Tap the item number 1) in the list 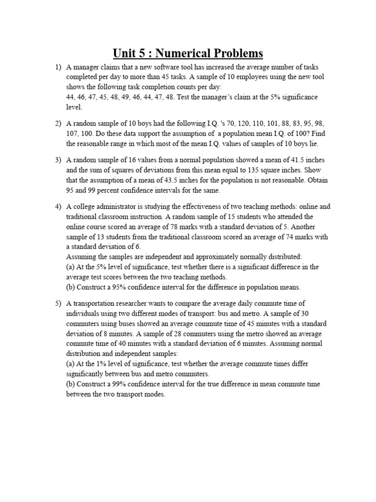[56, 67]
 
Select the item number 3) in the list [56, 160]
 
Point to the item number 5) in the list [56, 304]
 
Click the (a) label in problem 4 [71, 267]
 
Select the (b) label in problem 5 [71, 384]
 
